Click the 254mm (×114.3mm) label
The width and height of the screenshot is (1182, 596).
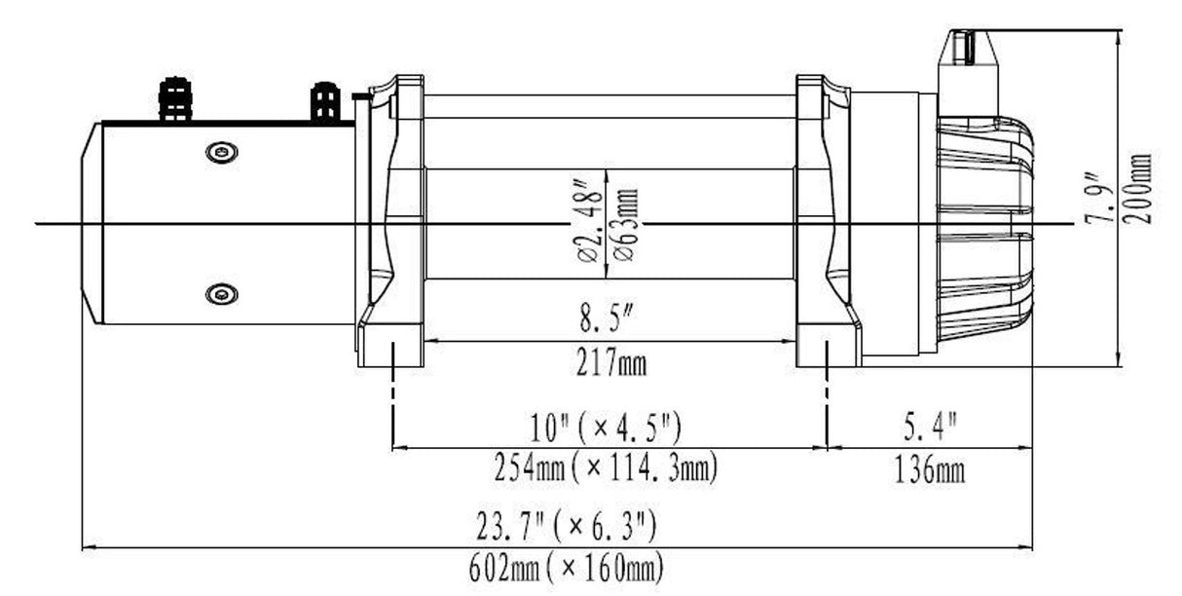[606, 470]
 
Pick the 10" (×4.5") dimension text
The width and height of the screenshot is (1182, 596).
[606, 428]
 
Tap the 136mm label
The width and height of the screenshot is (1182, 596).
[929, 472]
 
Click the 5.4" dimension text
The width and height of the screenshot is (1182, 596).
[929, 428]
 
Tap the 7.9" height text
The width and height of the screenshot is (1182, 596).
[1101, 200]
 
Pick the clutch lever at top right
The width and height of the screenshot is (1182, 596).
[970, 54]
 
